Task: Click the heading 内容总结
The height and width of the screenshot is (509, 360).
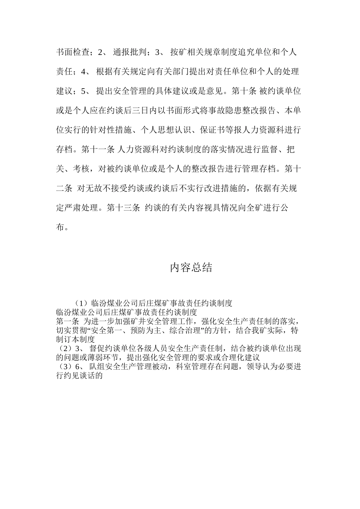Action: [x=191, y=268]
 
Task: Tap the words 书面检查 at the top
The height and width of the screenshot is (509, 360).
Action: [x=73, y=52]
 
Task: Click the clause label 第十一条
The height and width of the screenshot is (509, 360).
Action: [x=98, y=150]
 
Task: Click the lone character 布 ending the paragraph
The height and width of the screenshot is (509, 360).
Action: [x=60, y=228]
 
